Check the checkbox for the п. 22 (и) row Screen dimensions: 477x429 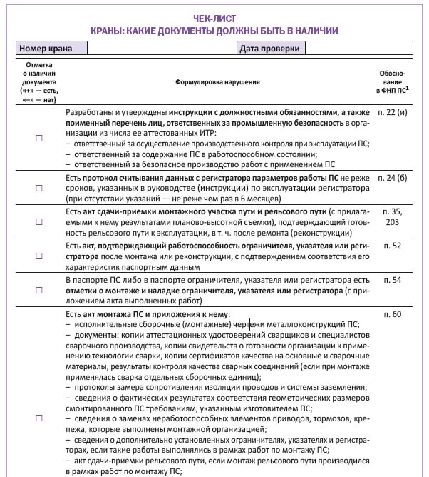pos(39,139)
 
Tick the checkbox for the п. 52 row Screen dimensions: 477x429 pos(39,256)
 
